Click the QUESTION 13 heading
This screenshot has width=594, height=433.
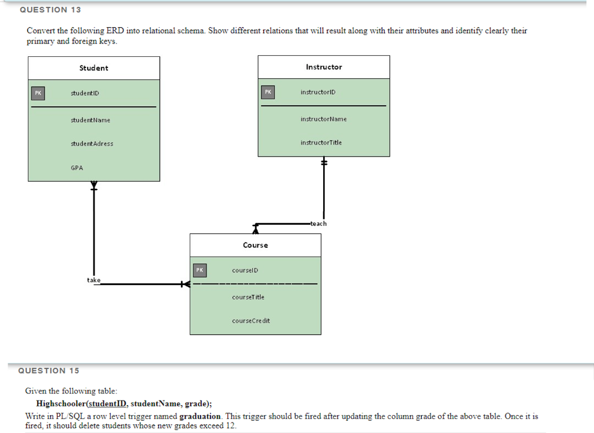click(50, 10)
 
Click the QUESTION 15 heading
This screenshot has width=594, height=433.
click(49, 370)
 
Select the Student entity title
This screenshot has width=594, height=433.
click(93, 68)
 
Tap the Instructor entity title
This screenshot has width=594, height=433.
click(324, 67)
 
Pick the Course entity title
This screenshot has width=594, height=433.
click(255, 245)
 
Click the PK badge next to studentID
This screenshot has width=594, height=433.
click(38, 93)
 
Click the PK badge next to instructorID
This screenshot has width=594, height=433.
click(267, 92)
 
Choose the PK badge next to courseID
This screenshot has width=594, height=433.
click(199, 270)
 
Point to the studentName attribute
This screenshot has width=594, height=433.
click(90, 120)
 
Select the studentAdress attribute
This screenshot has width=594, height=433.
click(92, 144)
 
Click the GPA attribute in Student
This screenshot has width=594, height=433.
click(77, 168)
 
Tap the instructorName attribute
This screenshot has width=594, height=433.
click(323, 119)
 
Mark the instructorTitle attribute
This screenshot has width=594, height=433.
click(321, 143)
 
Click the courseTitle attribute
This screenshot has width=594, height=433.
click(248, 297)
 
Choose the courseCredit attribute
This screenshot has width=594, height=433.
click(251, 321)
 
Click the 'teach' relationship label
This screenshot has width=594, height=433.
click(318, 223)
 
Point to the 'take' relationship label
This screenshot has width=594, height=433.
click(93, 280)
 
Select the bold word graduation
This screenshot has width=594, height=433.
click(200, 416)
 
